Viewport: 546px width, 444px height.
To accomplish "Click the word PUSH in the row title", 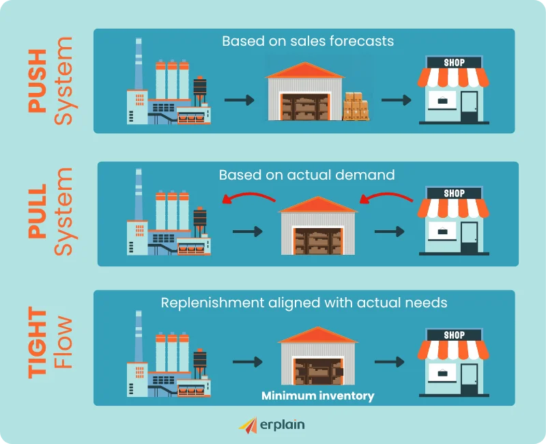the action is (38, 81).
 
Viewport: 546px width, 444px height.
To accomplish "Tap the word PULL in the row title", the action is (38, 211).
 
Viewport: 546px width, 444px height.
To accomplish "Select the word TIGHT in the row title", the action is (38, 343).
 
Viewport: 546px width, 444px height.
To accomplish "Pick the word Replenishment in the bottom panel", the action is (212, 303).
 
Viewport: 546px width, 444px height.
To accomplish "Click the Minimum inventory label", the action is (317, 396).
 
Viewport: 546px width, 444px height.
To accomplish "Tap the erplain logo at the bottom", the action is (272, 425).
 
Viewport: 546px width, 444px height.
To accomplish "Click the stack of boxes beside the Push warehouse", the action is (356, 107).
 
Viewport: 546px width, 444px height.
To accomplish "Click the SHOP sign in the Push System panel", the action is (454, 62).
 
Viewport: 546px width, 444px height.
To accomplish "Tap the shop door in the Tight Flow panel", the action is (469, 379).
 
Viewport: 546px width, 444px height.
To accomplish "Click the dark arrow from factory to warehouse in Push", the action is (240, 100).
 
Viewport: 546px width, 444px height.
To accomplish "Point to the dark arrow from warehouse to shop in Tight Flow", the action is (389, 362).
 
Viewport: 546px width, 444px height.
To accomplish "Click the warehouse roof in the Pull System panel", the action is (317, 204).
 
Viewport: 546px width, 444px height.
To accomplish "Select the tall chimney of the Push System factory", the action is (139, 64).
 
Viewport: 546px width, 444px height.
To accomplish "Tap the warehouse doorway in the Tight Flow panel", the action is (318, 372).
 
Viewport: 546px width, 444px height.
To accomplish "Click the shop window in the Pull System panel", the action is (442, 231).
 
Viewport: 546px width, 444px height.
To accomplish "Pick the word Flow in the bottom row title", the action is (63, 343).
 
